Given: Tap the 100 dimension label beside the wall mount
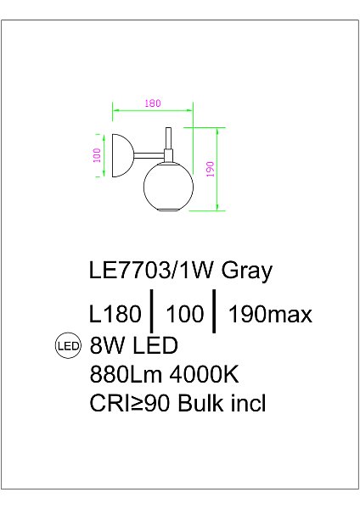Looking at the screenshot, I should pos(98,155).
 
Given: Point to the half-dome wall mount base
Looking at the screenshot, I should pos(115,154).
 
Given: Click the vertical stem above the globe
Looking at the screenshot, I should pos(169,141).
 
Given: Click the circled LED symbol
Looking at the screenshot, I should pos(66,345).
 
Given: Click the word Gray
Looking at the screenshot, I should pos(247,271).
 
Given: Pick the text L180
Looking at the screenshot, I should pos(114,315).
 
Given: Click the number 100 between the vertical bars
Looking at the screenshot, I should pos(186,315).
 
